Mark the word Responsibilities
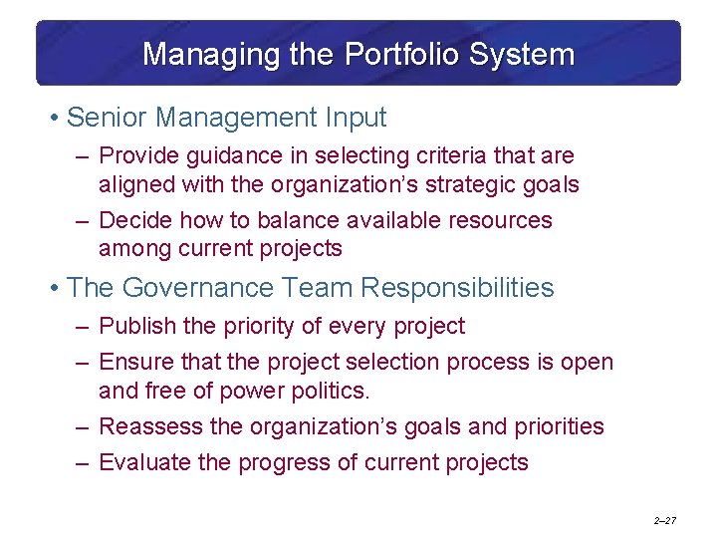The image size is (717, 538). click(x=457, y=288)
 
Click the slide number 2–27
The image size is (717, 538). click(x=665, y=521)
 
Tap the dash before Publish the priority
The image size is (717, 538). click(x=81, y=327)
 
